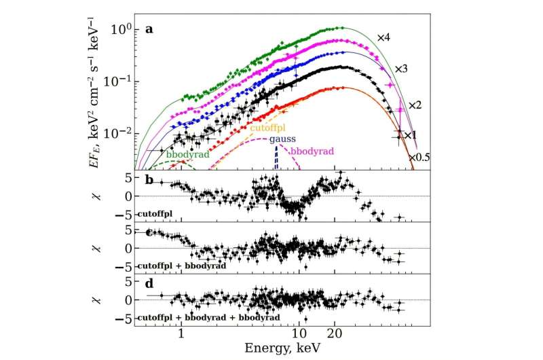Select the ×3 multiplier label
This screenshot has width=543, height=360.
click(x=403, y=69)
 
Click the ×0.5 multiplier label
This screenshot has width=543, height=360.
click(x=419, y=157)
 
